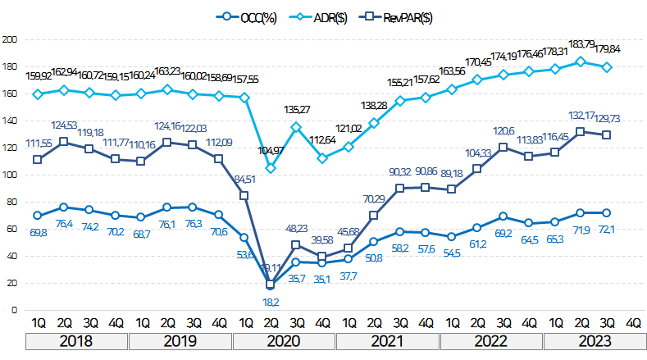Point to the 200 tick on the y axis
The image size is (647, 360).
11,39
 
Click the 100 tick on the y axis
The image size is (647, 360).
11,175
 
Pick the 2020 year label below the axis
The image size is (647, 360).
285,340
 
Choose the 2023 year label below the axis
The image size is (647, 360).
595,340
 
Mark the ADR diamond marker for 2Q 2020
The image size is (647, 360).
271,168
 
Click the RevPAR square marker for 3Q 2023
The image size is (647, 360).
607,134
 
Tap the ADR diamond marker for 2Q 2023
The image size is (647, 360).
581,62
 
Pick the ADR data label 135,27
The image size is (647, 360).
296,109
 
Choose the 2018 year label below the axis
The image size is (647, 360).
77,340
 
